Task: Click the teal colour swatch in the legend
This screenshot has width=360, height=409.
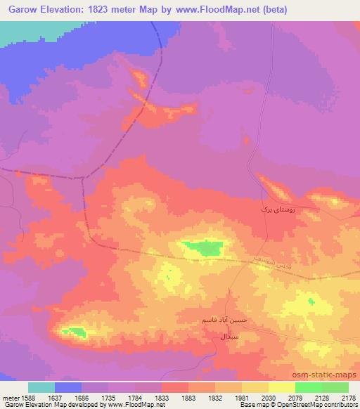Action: tap(41, 387)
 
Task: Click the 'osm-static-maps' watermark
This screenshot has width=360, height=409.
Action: tap(329, 375)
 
